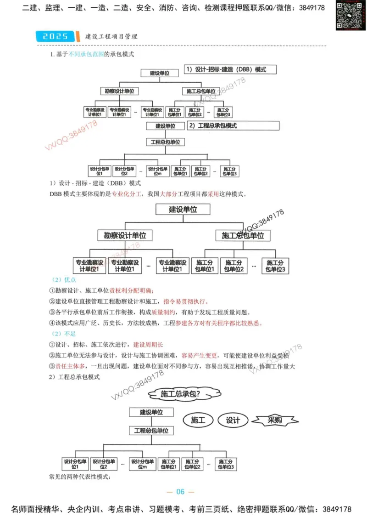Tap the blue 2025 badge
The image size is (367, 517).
pos(55,36)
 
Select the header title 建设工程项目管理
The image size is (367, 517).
pos(111,36)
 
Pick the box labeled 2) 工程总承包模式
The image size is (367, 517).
pos(233,125)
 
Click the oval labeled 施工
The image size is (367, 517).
pos(197,420)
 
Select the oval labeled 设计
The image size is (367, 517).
pos(233,420)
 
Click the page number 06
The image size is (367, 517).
pos(180,492)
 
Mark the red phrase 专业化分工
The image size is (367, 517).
pos(127,194)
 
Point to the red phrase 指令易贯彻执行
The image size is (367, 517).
pos(185,301)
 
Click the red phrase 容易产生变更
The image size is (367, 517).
pos(200,355)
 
